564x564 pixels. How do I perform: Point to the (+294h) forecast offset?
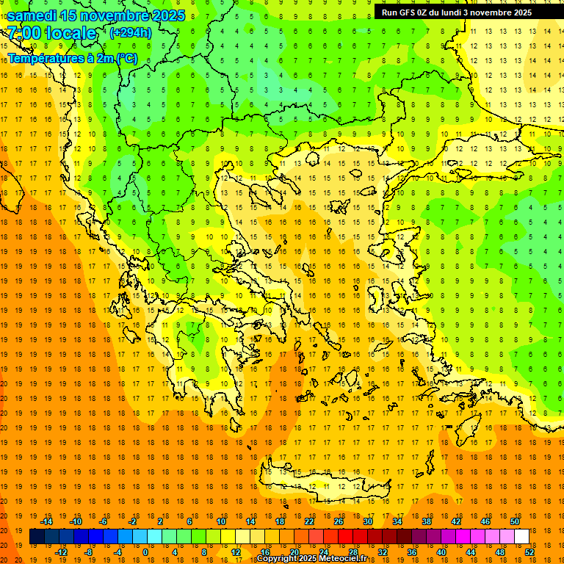(x=131, y=32)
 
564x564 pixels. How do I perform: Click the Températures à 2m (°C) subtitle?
(x=72, y=58)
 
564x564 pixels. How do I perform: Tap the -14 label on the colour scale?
(x=46, y=521)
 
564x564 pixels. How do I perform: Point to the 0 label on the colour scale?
(x=145, y=552)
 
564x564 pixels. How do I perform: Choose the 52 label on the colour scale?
(x=529, y=552)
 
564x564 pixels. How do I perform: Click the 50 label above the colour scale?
(x=514, y=521)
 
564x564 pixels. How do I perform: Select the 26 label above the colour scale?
(x=339, y=521)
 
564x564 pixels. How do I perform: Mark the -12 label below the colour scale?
(x=61, y=552)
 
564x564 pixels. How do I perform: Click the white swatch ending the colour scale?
(x=521, y=537)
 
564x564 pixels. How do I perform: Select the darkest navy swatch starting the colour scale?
(x=37, y=537)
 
